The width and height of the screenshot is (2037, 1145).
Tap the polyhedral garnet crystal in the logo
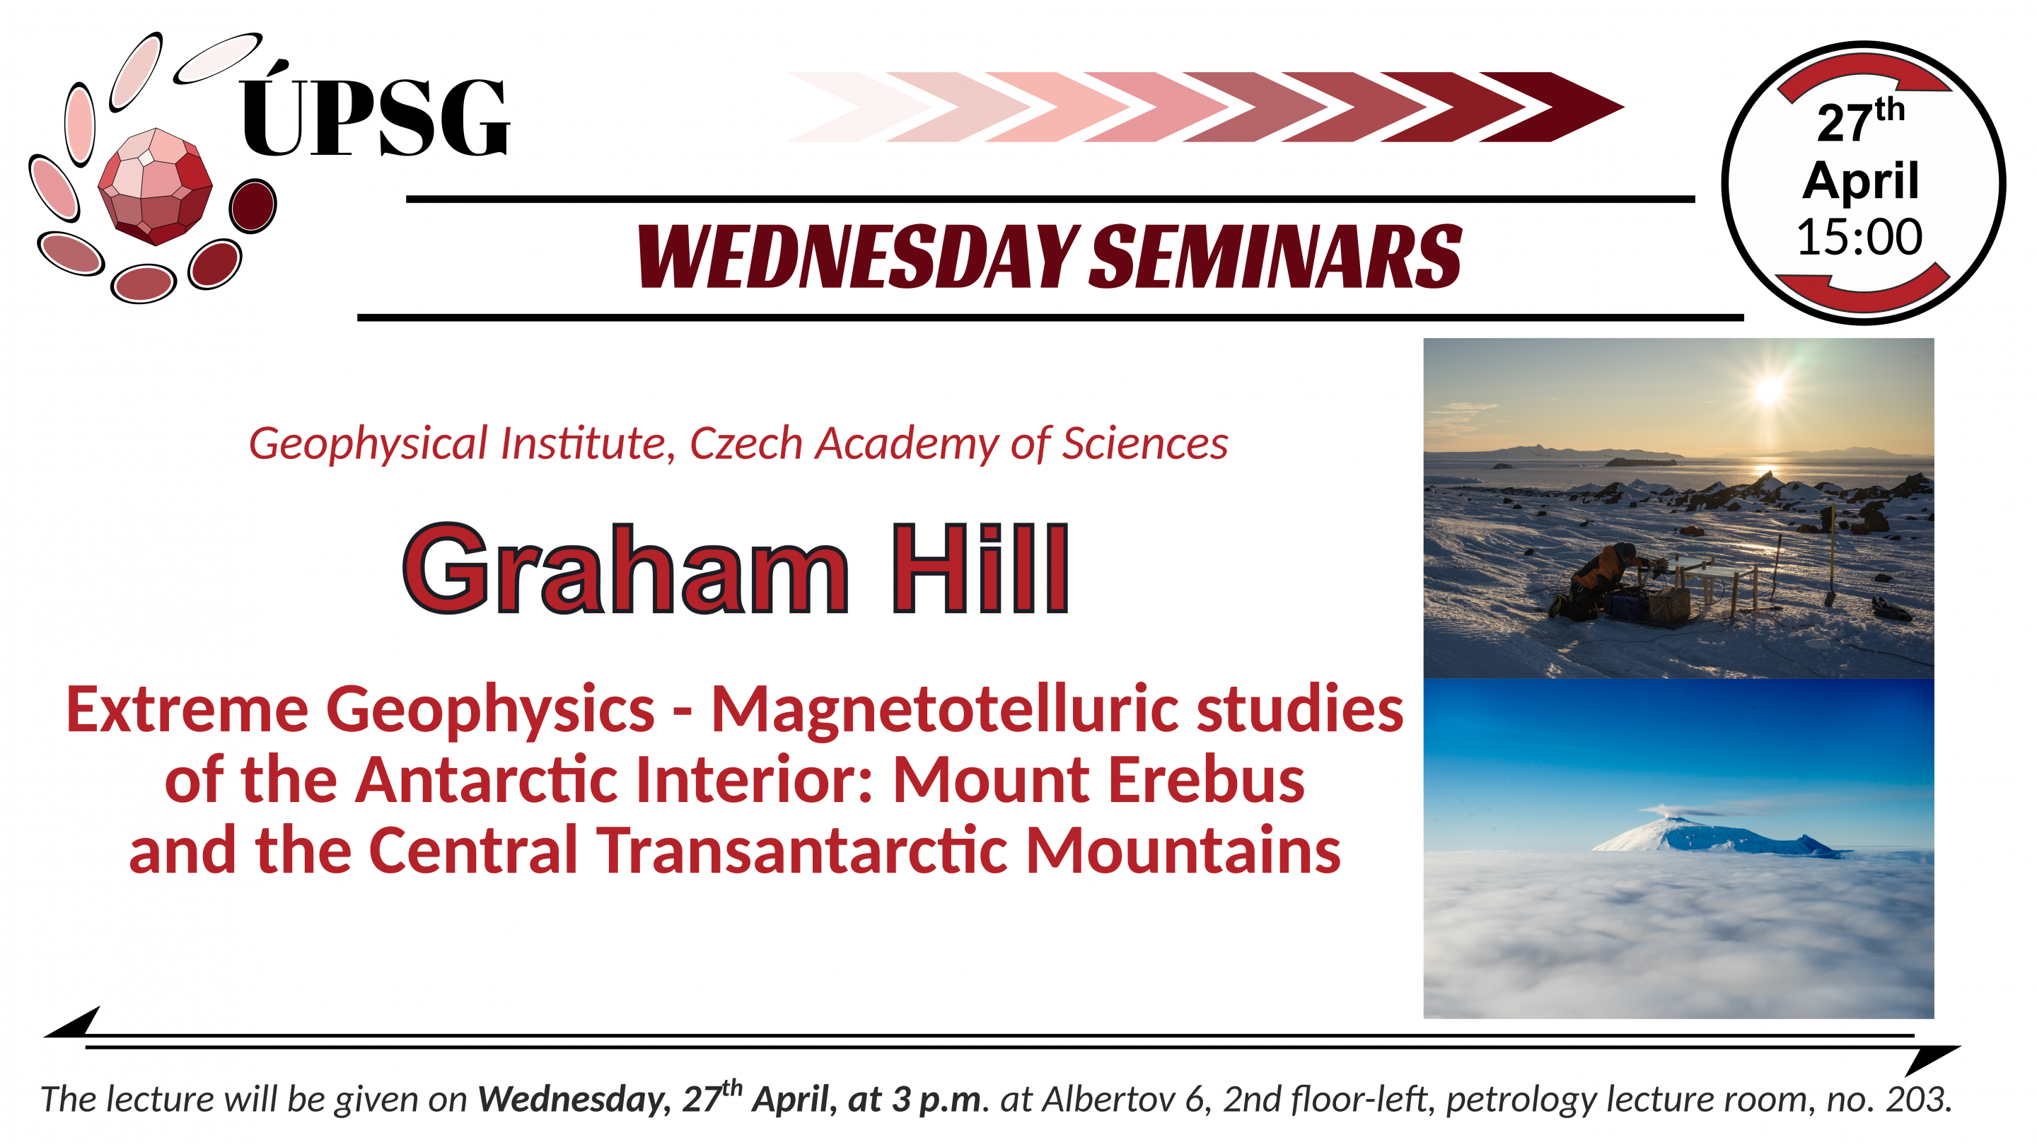[155, 187]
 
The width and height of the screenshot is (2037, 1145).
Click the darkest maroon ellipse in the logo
[253, 206]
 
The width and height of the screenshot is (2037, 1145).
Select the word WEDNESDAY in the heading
[858, 256]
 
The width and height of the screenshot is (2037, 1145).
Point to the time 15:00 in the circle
[1859, 236]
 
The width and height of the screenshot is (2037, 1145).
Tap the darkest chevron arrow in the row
[1552, 107]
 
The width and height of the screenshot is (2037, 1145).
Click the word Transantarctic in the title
[802, 851]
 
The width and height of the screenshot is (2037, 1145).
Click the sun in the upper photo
[1769, 388]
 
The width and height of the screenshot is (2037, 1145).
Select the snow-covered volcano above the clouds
[1716, 832]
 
